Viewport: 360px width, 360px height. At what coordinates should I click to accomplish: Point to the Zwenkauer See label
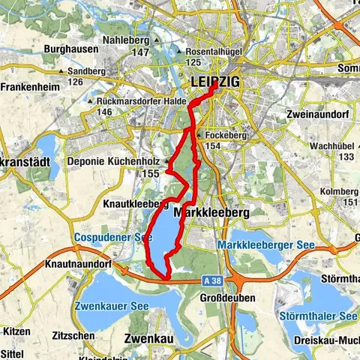(106, 306)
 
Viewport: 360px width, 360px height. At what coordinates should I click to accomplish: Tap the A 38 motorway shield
(211, 277)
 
